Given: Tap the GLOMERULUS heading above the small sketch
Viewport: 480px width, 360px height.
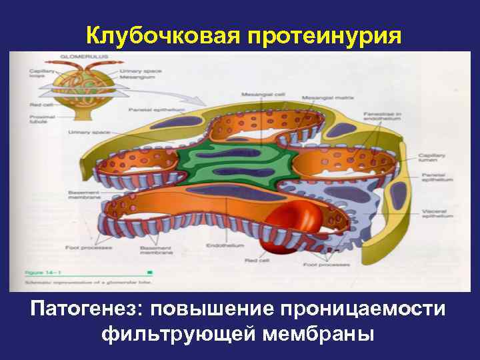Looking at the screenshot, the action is (x=77, y=58).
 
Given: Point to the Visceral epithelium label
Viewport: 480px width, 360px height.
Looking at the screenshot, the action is (x=437, y=215).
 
